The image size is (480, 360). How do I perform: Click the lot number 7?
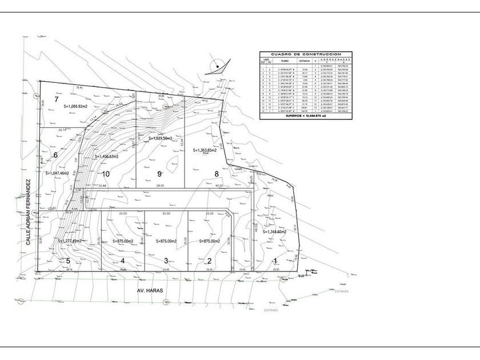pyautogui.click(x=57, y=99)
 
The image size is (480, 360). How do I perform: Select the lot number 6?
pyautogui.click(x=55, y=155)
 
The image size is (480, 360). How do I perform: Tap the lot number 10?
pyautogui.click(x=105, y=174)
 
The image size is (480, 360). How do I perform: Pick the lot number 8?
pyautogui.click(x=217, y=174)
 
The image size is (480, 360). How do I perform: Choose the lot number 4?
pyautogui.click(x=122, y=261)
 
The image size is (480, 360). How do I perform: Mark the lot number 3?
pyautogui.click(x=166, y=261)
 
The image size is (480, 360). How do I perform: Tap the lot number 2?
pyautogui.click(x=209, y=261)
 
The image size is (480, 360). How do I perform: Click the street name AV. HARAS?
pyautogui.click(x=150, y=291)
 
